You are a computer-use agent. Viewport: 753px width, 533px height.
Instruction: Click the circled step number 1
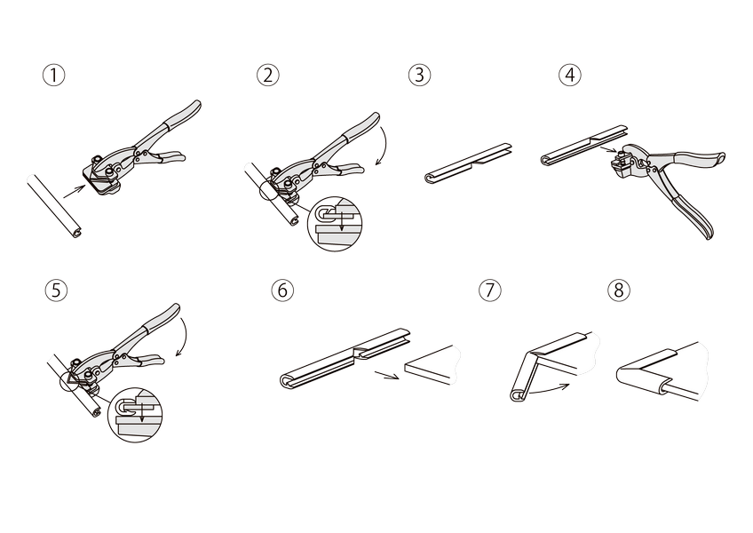[54, 76]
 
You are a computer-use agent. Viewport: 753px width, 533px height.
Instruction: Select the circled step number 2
[268, 76]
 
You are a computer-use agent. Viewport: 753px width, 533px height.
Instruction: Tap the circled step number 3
[420, 76]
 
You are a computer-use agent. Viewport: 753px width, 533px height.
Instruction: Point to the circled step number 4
[570, 76]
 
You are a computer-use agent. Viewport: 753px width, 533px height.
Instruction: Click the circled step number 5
[56, 290]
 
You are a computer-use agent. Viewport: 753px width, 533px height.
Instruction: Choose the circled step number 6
[282, 290]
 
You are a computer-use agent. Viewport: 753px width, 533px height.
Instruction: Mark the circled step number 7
[490, 290]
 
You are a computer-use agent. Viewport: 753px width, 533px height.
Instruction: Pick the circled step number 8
[619, 290]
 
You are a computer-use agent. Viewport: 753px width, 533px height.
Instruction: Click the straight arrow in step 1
[75, 191]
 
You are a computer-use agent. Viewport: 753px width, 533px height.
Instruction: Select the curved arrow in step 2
[386, 144]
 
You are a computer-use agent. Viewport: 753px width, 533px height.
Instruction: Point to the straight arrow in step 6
[387, 375]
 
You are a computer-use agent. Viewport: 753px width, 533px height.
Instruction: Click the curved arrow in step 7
[548, 391]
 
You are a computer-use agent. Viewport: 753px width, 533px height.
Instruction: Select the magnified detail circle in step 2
[334, 224]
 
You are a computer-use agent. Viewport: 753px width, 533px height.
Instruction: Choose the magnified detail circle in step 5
[135, 415]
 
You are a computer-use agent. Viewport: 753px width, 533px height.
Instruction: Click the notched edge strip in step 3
[469, 163]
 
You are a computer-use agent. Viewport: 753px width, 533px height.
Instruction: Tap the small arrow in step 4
[608, 150]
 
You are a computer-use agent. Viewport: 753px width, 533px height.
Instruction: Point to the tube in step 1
[56, 206]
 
